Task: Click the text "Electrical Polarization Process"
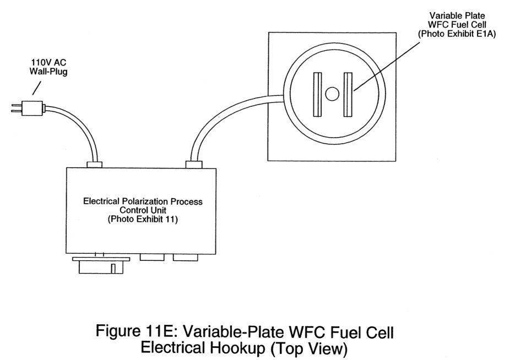coord(142,202)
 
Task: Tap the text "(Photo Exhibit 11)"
coord(142,220)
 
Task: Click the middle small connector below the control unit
coord(153,257)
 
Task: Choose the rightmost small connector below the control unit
coord(186,257)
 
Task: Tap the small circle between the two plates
coord(332,94)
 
